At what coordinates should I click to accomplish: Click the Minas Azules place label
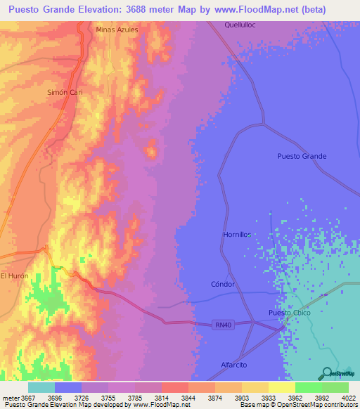[x=117, y=30]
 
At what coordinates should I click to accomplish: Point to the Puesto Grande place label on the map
[x=302, y=156]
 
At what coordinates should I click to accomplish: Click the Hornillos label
[x=237, y=235]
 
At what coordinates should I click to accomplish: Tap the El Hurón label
[x=14, y=276]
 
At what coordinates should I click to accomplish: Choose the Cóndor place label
[x=222, y=285]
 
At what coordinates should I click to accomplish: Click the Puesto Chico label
[x=289, y=313]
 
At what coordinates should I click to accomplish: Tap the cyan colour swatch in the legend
[x=41, y=387]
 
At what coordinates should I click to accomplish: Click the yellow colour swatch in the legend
[x=281, y=387]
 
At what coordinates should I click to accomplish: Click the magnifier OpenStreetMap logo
[x=326, y=372]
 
